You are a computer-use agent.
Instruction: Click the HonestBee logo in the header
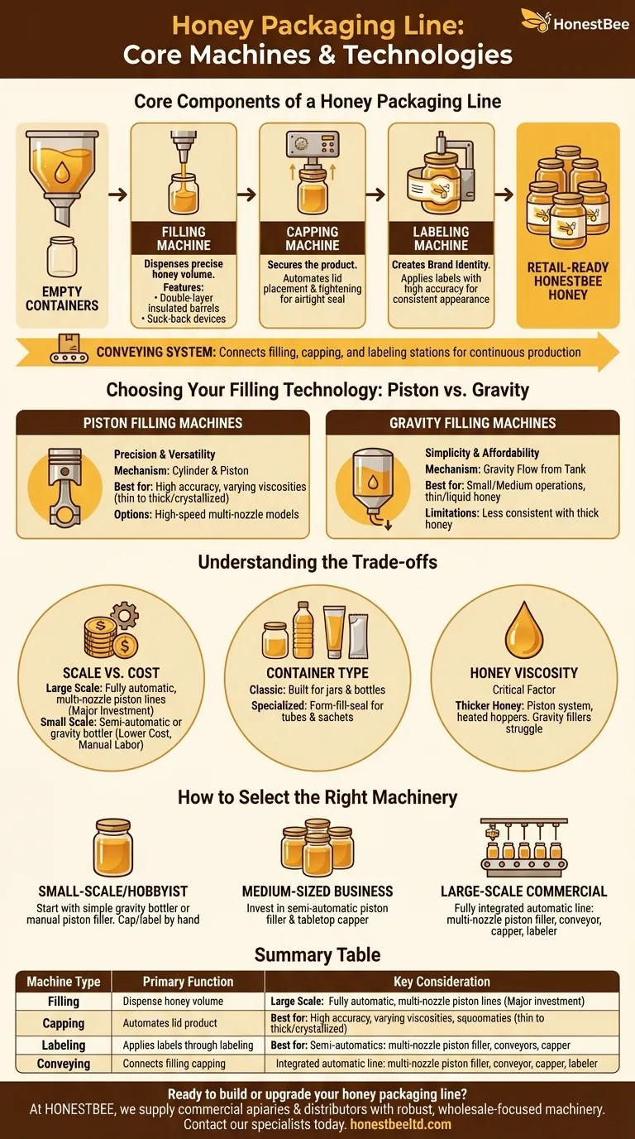(x=569, y=20)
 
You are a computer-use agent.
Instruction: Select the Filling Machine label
(x=184, y=238)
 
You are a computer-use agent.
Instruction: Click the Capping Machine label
(x=312, y=238)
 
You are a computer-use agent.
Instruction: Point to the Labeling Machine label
(x=441, y=238)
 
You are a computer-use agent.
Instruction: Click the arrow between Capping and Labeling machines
(x=376, y=195)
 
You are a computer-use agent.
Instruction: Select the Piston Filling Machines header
(x=163, y=423)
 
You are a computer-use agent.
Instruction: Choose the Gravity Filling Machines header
(x=472, y=423)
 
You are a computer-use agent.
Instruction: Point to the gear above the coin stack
(x=125, y=617)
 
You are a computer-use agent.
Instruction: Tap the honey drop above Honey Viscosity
(x=524, y=628)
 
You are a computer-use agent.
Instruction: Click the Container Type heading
(x=317, y=673)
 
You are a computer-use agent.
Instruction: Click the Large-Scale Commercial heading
(x=524, y=891)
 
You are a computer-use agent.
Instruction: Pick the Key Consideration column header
(x=442, y=982)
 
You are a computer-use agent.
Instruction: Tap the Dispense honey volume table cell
(x=173, y=1002)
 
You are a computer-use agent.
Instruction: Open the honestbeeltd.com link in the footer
(x=400, y=1124)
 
